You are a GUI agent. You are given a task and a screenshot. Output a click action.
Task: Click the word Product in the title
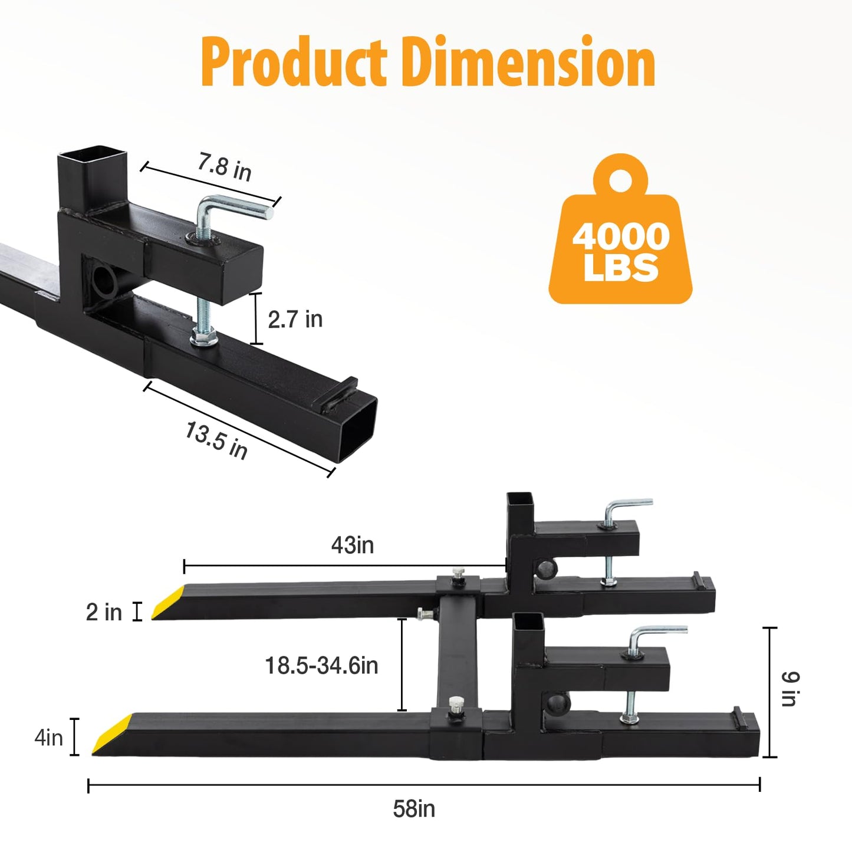294,62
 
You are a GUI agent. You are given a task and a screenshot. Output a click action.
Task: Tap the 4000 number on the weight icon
621,236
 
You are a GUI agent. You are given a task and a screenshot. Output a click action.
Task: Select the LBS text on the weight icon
621,268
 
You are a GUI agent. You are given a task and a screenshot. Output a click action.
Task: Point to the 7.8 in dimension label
224,167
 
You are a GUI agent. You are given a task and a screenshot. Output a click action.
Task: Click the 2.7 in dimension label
295,319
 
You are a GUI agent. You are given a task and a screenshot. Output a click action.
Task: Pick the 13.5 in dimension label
216,440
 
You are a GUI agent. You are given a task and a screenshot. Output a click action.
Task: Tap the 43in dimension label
353,545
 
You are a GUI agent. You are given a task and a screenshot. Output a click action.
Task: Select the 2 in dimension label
104,613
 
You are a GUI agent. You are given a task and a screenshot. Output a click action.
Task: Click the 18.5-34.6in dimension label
321,666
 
